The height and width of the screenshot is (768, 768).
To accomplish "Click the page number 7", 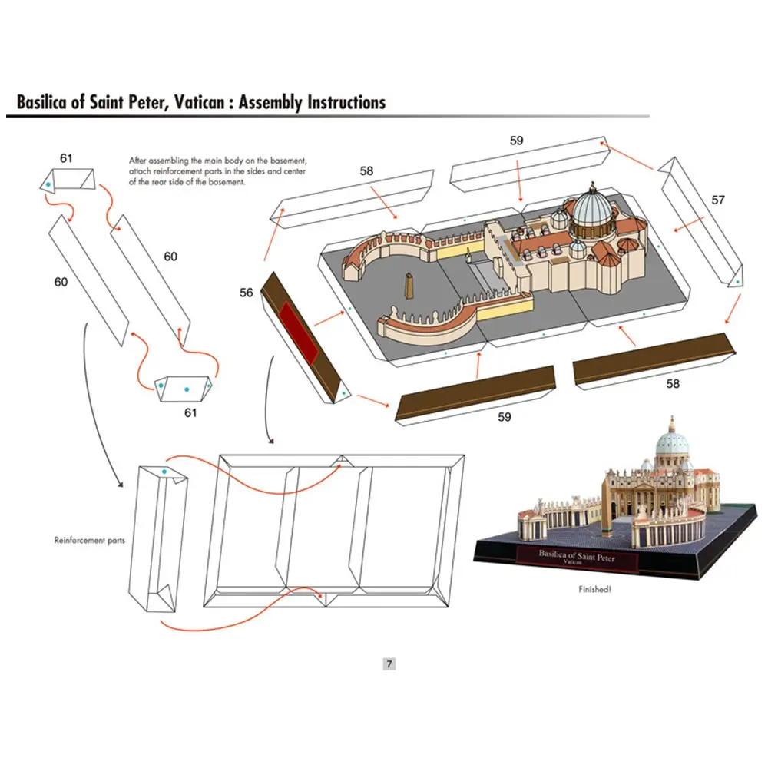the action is (x=389, y=664).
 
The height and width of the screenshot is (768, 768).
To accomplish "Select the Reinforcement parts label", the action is (x=89, y=540).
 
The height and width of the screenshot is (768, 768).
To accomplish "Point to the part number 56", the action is (x=246, y=293).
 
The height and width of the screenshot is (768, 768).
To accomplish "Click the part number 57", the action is (x=717, y=200).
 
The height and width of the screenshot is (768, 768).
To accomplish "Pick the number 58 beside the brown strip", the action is (x=673, y=383).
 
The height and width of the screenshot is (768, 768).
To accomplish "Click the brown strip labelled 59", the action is (x=476, y=392).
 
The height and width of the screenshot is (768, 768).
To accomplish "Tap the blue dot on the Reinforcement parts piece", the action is (x=164, y=472).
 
